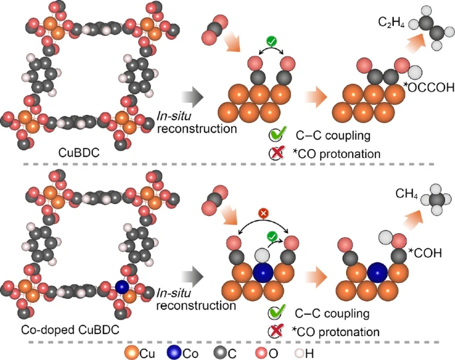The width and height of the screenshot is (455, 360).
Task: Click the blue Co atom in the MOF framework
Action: click(122, 286)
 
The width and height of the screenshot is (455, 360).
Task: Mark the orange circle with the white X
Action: click(262, 214)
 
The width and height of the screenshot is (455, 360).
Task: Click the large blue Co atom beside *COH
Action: click(378, 273)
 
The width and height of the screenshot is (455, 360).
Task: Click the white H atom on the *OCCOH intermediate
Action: click(415, 71)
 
